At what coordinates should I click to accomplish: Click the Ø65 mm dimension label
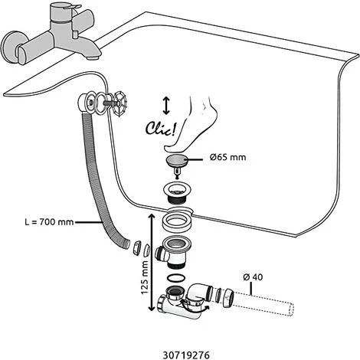227,157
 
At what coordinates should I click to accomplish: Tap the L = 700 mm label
49,222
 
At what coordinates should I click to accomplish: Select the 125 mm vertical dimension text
145,277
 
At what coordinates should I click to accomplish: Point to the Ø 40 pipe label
253,277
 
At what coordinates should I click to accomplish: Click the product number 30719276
186,355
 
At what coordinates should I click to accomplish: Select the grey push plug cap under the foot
177,159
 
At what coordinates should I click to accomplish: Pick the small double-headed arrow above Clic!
166,106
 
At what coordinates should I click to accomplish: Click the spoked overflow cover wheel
118,103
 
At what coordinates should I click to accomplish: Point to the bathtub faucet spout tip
92,58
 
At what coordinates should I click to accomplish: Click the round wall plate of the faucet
13,47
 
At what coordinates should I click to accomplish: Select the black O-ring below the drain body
175,279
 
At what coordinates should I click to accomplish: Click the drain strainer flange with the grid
175,192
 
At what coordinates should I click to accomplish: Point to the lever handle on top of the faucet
70,7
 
